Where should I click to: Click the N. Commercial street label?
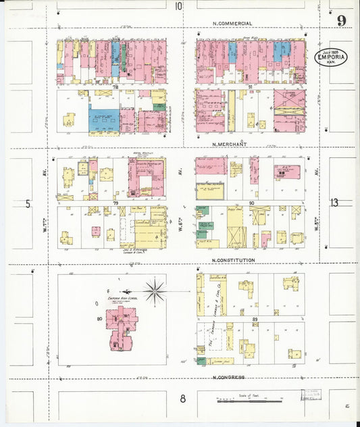(232, 24)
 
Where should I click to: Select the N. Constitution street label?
(233, 260)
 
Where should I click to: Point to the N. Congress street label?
(228, 378)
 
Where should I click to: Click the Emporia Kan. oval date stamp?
(332, 57)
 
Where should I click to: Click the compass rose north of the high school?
(155, 291)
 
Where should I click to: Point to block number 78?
(115, 86)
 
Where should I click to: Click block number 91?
(250, 86)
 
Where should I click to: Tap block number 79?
(115, 202)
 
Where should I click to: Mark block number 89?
(255, 318)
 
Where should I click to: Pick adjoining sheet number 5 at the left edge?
(28, 203)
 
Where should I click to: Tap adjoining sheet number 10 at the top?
(178, 7)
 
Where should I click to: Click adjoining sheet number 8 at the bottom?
(182, 399)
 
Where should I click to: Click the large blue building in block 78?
(104, 120)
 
